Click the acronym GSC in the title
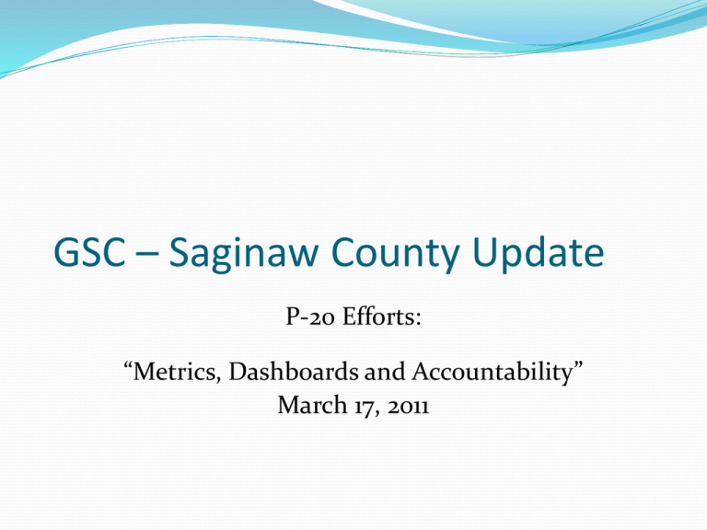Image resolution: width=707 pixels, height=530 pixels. pos(89,251)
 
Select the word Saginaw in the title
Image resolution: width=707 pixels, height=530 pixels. pos(244,254)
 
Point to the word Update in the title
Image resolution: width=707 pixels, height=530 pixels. pos(539,254)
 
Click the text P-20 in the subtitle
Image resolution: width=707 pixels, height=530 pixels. pos(310,317)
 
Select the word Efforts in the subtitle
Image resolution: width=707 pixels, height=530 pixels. pos(378,316)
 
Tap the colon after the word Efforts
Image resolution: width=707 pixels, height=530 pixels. pos(418,319)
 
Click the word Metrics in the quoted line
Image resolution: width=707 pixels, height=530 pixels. pos(175,372)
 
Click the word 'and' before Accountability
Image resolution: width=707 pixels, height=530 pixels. pos(385,372)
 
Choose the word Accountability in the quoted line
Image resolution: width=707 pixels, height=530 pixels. pos(492,374)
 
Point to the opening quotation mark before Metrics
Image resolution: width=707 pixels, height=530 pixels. pos(128,365)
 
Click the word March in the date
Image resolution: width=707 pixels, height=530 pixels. pos(312,404)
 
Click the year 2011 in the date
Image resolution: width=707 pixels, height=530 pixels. pos(408,407)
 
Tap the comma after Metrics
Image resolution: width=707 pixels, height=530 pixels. pos(219,379)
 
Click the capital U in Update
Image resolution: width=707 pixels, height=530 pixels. pos(485,251)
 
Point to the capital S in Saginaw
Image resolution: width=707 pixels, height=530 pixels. pos(179,251)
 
